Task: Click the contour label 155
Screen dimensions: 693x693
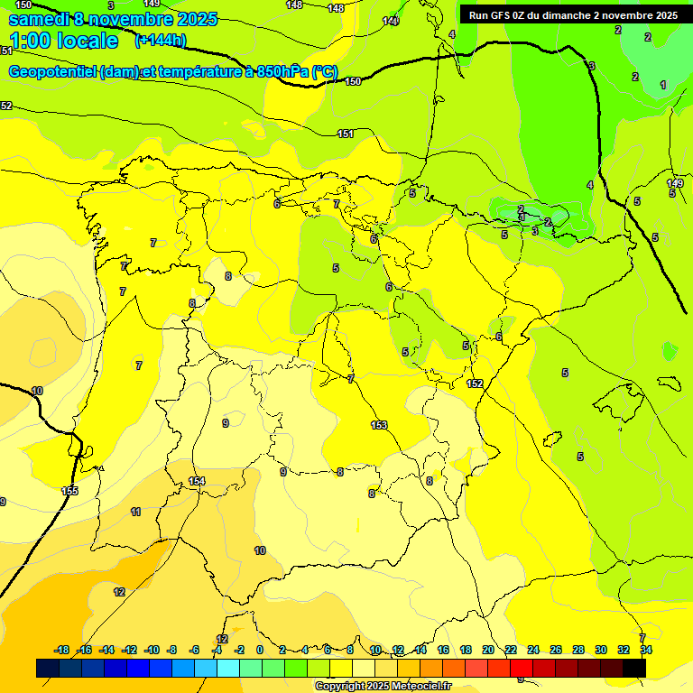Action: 69,491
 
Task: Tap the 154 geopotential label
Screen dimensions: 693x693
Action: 197,481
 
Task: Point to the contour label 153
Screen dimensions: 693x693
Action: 379,425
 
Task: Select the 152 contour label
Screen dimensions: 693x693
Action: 475,383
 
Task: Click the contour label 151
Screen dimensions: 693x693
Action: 346,134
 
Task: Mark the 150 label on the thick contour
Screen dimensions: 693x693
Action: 353,81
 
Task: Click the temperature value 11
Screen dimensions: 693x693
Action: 135,512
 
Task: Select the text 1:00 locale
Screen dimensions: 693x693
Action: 63,41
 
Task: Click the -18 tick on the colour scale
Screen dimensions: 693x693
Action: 61,650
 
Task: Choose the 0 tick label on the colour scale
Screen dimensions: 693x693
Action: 260,650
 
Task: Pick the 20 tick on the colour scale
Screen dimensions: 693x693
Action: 488,650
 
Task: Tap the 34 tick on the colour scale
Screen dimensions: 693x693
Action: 645,650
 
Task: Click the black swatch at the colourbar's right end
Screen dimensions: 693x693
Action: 634,668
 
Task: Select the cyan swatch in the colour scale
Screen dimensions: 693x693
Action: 228,668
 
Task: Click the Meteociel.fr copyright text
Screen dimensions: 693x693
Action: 383,686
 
